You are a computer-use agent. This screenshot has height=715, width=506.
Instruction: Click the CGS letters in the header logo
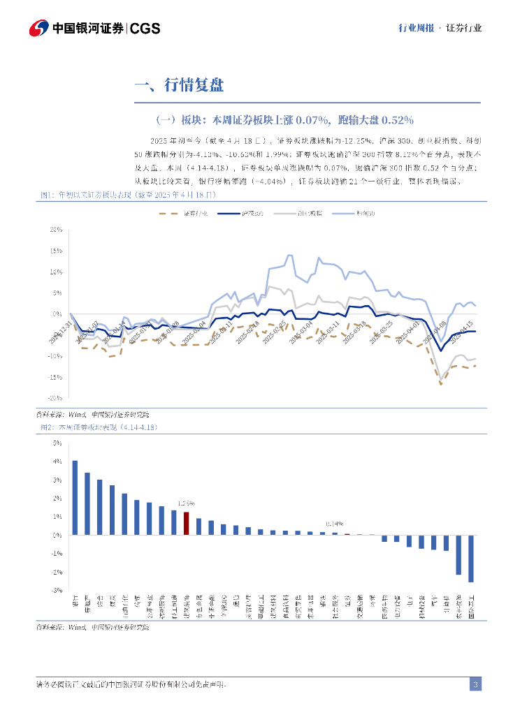[x=145, y=28]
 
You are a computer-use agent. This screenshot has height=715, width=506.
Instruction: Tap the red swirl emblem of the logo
[x=39, y=28]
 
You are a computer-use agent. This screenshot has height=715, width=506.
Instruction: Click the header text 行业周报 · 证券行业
[x=440, y=29]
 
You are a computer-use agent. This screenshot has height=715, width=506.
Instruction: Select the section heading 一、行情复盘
[x=179, y=86]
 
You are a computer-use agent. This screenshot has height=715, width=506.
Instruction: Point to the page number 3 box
[x=475, y=684]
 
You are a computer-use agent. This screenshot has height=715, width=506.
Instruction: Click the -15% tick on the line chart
[x=55, y=377]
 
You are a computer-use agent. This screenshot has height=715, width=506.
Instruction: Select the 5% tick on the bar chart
[x=57, y=443]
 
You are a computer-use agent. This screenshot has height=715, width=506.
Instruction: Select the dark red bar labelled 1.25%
[x=186, y=523]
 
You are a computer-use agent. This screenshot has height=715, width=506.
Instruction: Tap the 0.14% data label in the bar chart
[x=334, y=524]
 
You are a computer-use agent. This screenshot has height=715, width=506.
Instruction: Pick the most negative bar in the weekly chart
[x=471, y=559]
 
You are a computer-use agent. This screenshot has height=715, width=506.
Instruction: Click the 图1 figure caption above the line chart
[x=129, y=196]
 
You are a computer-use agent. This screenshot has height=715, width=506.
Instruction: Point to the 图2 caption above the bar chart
[x=97, y=427]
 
